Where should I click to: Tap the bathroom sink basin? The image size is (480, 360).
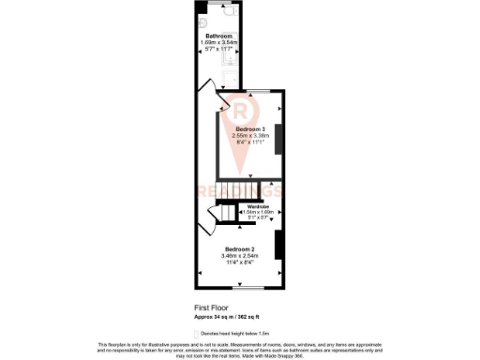tap(203, 22)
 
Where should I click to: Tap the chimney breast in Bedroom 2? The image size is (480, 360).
tap(278, 245)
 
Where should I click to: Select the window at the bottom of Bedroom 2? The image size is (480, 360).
tap(243, 285)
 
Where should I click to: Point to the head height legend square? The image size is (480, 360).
tap(195, 333)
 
